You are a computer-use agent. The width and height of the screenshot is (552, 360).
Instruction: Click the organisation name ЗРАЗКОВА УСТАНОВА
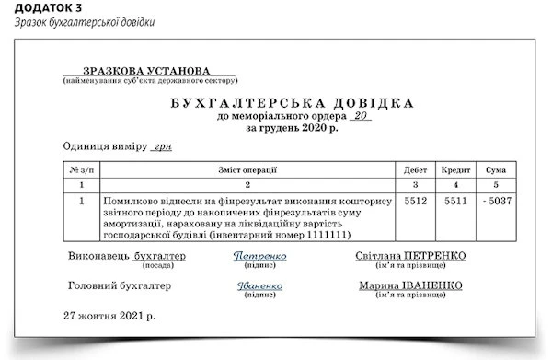click(x=147, y=71)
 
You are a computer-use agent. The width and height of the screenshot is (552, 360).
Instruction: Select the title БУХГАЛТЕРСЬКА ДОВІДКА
click(x=292, y=102)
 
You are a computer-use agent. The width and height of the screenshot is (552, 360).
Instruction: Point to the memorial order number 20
click(x=361, y=117)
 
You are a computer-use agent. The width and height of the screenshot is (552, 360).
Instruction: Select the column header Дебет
click(x=416, y=170)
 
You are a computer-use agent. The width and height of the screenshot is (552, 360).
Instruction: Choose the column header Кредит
click(x=455, y=170)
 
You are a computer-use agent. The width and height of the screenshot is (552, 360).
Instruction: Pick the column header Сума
click(x=495, y=170)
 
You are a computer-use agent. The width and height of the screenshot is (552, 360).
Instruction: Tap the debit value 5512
click(x=416, y=201)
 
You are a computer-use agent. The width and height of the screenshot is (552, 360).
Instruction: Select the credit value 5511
click(x=455, y=201)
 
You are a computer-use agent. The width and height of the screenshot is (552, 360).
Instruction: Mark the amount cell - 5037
click(x=496, y=201)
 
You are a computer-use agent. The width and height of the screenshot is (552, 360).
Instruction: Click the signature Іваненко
click(x=259, y=286)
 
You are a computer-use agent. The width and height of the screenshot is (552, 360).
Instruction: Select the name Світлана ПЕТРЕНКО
click(x=410, y=255)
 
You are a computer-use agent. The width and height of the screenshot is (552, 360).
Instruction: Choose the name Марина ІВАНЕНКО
click(x=410, y=285)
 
